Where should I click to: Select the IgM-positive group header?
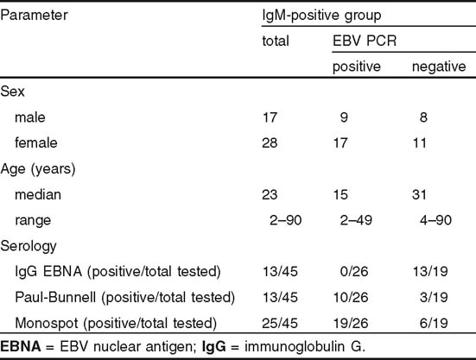[321, 16]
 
